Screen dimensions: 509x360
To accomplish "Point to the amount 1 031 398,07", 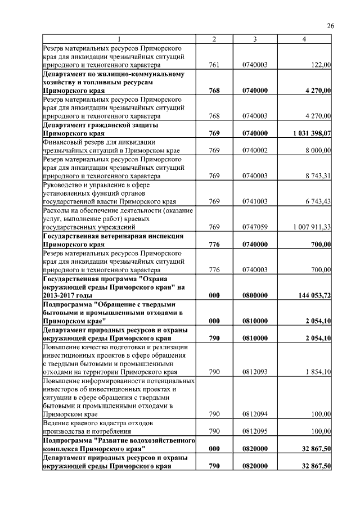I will click(x=312, y=133).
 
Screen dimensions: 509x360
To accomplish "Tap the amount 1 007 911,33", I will click(x=312, y=227).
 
